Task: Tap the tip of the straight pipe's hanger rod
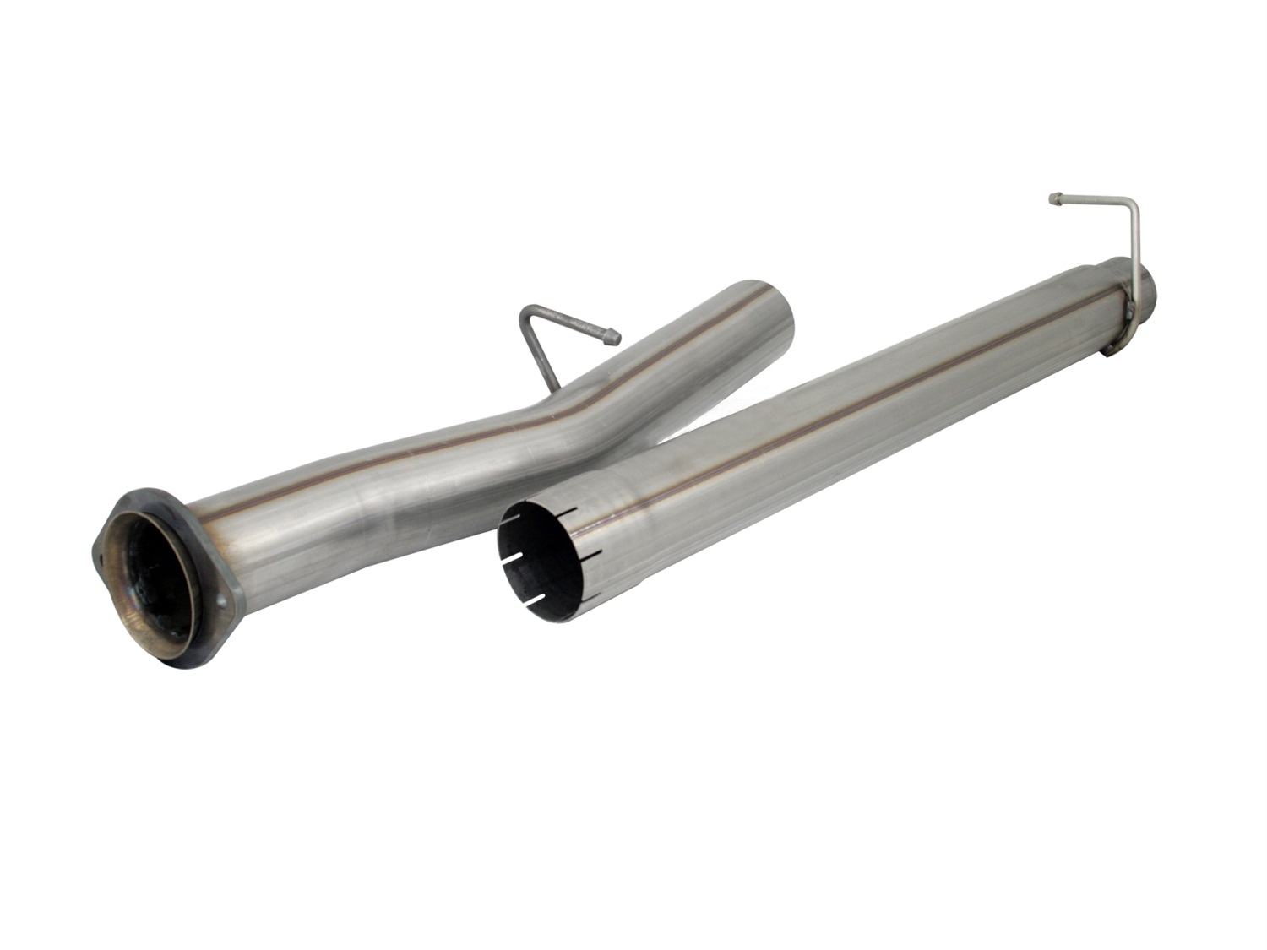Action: coord(1054,199)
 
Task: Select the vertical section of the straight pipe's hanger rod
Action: coord(1134,253)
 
